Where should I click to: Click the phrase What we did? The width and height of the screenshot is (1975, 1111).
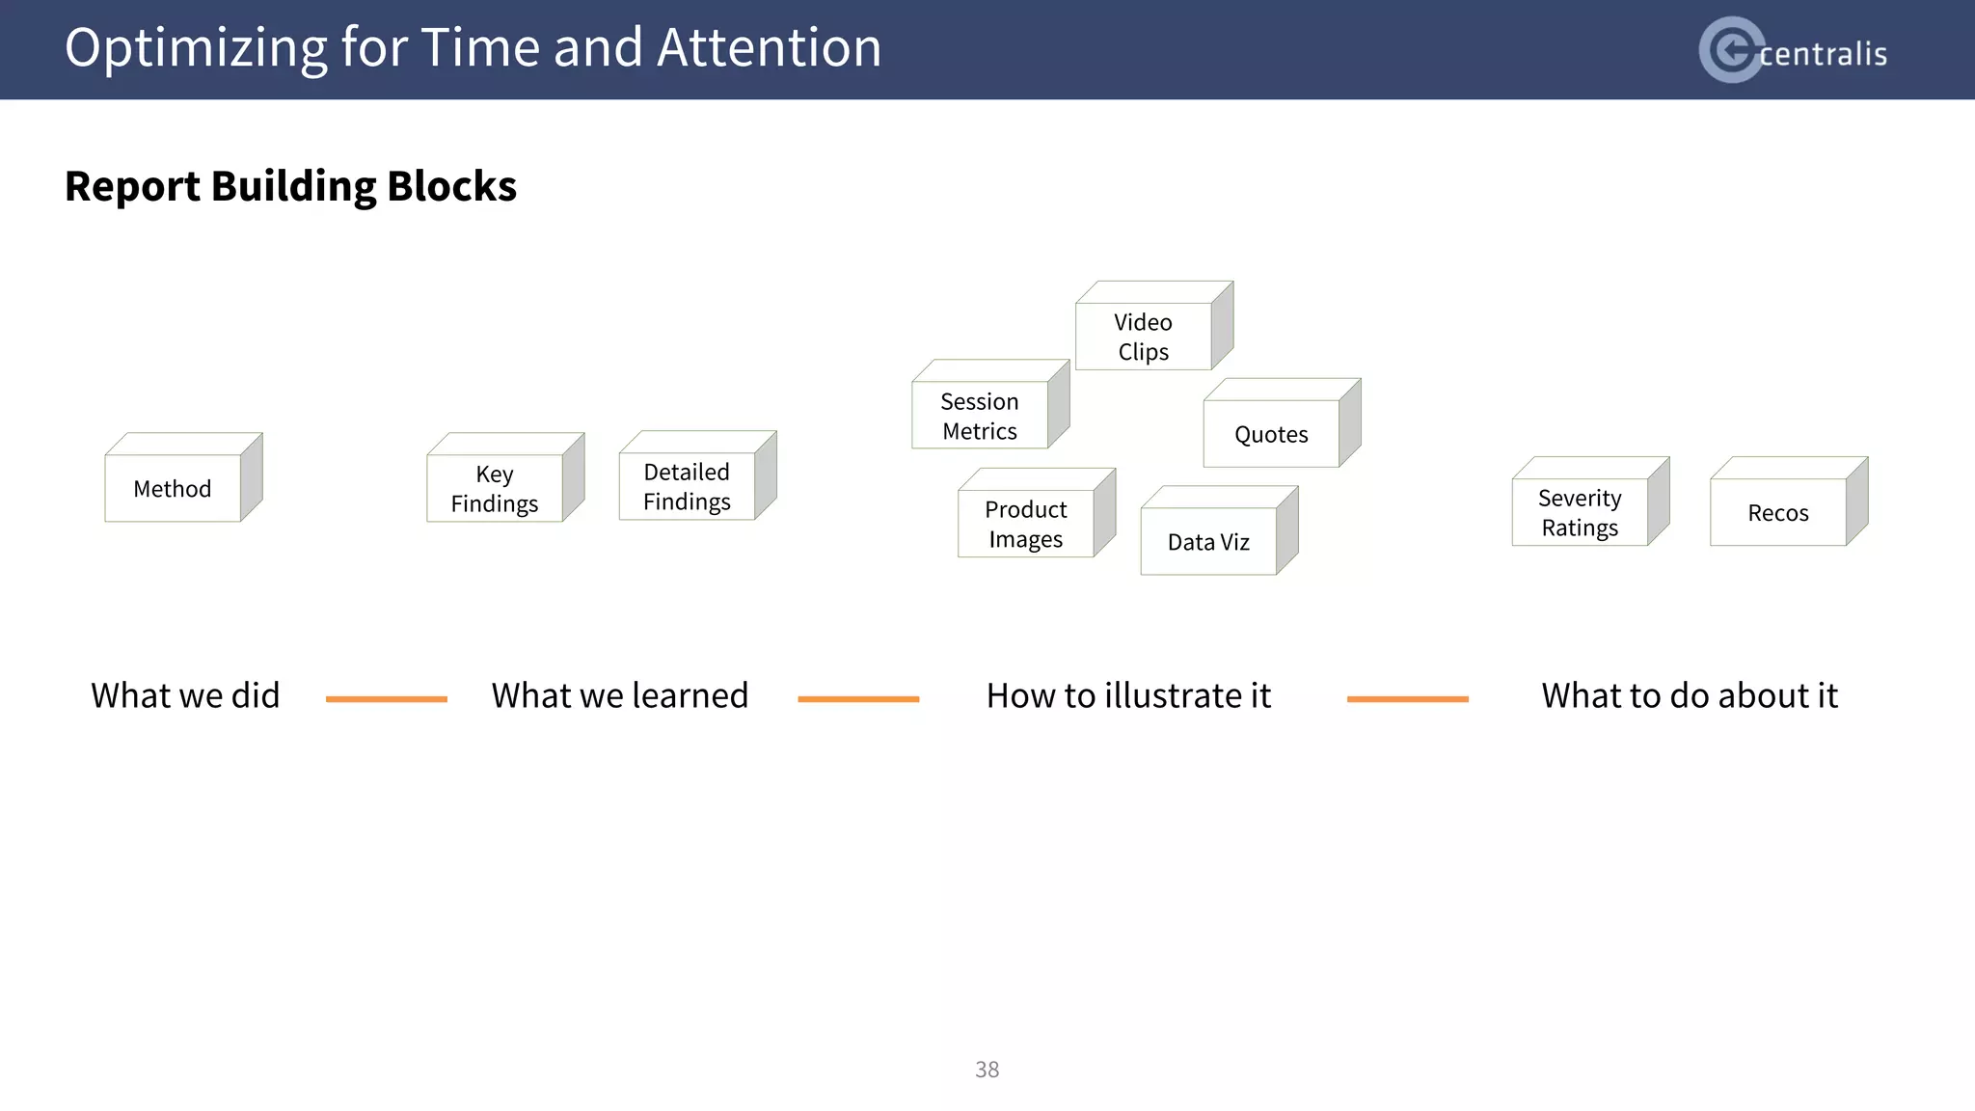click(x=185, y=695)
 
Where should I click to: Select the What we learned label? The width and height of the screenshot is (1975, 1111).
click(x=620, y=695)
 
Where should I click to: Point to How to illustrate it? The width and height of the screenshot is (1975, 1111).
click(x=1128, y=695)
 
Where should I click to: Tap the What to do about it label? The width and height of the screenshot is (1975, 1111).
click(x=1690, y=695)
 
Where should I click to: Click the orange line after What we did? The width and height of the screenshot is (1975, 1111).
click(x=387, y=699)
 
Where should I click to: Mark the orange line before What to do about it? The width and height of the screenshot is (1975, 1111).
click(x=1407, y=699)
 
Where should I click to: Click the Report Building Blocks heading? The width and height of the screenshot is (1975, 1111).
click(x=290, y=186)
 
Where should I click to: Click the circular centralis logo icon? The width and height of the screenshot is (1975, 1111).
click(x=1731, y=49)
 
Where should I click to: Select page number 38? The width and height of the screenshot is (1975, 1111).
click(x=987, y=1070)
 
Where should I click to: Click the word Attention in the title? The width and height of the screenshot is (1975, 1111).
click(x=769, y=47)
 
